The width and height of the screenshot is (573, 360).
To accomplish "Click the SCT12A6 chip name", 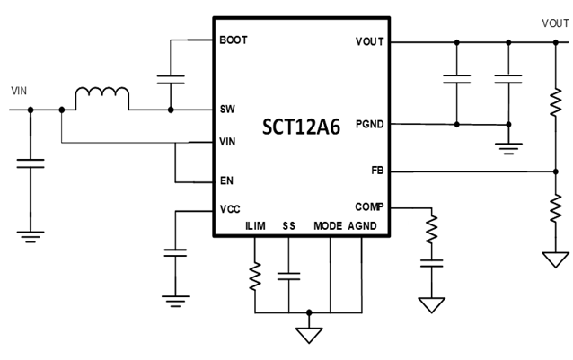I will (301, 127).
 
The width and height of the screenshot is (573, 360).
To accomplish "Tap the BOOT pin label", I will (233, 40).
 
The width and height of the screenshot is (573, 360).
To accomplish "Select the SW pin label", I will (227, 110).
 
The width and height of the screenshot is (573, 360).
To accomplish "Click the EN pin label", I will (226, 181).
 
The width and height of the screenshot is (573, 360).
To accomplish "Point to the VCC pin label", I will (230, 209).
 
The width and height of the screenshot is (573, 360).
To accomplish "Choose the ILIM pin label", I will (255, 226).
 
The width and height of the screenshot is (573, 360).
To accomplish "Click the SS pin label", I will (288, 226).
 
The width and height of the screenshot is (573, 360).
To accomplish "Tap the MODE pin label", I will (328, 226).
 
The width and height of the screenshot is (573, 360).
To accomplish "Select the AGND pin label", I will (362, 226).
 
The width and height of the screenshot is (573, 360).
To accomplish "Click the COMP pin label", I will (370, 206).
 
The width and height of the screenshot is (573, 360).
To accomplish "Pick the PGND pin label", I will (369, 125).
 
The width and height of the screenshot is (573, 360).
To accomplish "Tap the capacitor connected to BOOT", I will (172, 78).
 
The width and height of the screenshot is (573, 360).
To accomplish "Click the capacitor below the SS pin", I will (289, 276).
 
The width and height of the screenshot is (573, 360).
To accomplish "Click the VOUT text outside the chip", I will (553, 22).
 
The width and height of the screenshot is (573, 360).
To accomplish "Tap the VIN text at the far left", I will (19, 91).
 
